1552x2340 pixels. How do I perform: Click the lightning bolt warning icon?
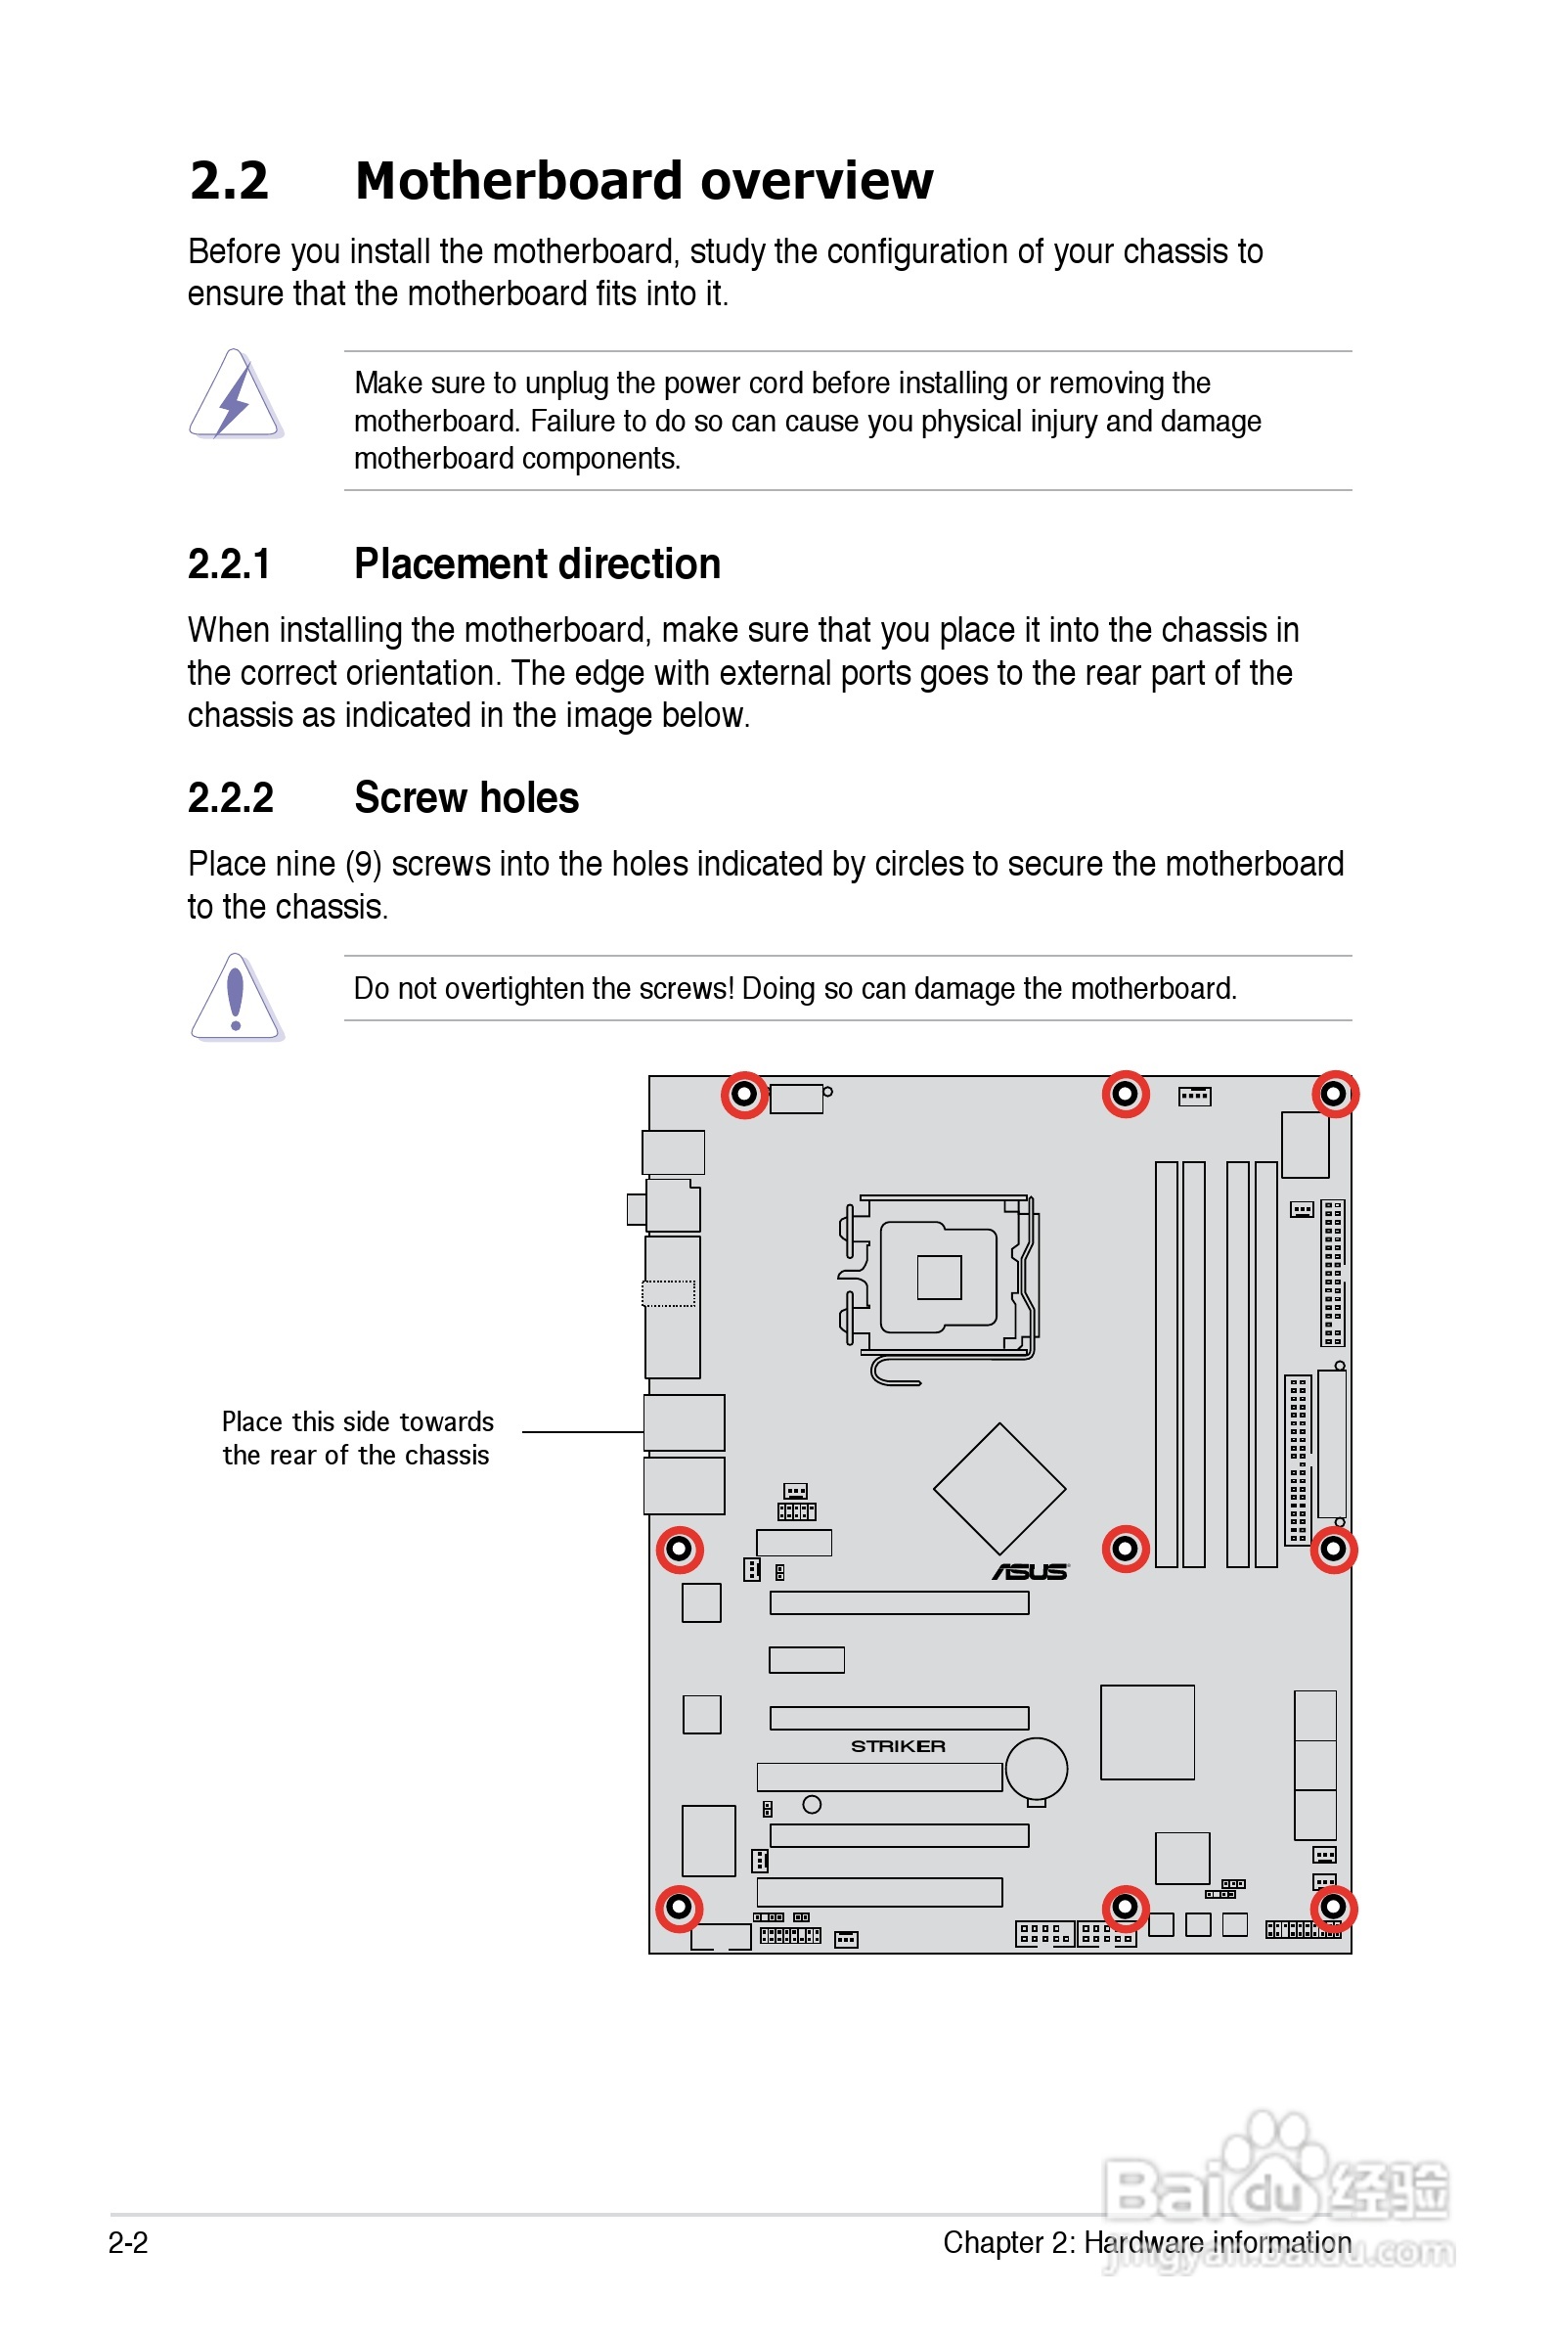(236, 396)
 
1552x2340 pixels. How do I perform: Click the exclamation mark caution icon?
(236, 998)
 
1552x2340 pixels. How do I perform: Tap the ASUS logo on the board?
(1031, 1572)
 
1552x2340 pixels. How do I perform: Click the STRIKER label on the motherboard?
(898, 1746)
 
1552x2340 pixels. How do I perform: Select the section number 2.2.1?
(229, 564)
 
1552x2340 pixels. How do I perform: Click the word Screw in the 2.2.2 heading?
(414, 798)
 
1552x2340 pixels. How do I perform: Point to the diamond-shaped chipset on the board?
(998, 1489)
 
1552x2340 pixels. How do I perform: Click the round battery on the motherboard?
(1037, 1770)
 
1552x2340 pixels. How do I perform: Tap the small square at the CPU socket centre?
(938, 1277)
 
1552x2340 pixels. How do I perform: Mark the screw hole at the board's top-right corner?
(1334, 1094)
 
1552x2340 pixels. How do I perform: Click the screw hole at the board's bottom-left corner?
(679, 1907)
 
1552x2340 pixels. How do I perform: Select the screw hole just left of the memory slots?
(1126, 1549)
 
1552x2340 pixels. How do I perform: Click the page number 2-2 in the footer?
(128, 2243)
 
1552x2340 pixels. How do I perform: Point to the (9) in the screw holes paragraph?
(363, 864)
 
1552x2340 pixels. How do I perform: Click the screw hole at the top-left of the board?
(744, 1094)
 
